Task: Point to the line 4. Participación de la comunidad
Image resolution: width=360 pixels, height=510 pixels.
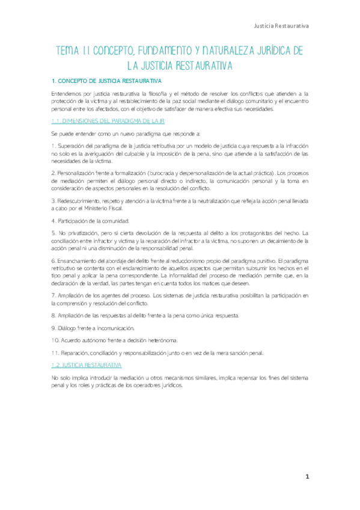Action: [90, 221]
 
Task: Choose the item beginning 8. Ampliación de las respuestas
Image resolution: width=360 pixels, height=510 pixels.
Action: [144, 316]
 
